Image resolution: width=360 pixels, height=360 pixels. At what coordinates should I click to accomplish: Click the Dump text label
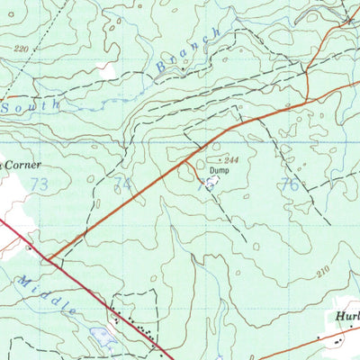pyautogui.click(x=220, y=168)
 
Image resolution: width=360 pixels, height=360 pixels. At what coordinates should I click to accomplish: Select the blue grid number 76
pyautogui.click(x=289, y=184)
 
